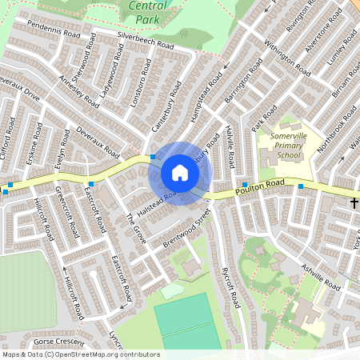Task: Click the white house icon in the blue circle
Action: tap(179, 173)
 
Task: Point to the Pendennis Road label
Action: tap(54, 30)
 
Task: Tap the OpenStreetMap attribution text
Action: tap(80, 354)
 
